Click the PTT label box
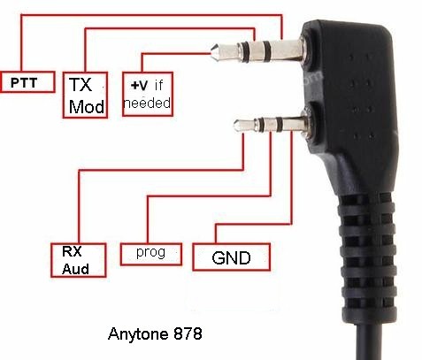[x=27, y=82]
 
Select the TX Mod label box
[x=85, y=95]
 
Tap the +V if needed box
[x=148, y=94]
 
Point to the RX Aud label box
[x=78, y=260]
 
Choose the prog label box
[x=151, y=254]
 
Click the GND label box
[x=231, y=257]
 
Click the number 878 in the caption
[x=188, y=333]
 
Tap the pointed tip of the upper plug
[x=211, y=53]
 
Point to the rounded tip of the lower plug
[x=235, y=126]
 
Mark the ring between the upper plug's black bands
[x=256, y=51]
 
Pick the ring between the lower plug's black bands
[x=269, y=125]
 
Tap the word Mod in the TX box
[x=87, y=106]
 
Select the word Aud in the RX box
[x=75, y=269]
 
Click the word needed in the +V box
[x=148, y=103]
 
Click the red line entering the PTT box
[x=151, y=15]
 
